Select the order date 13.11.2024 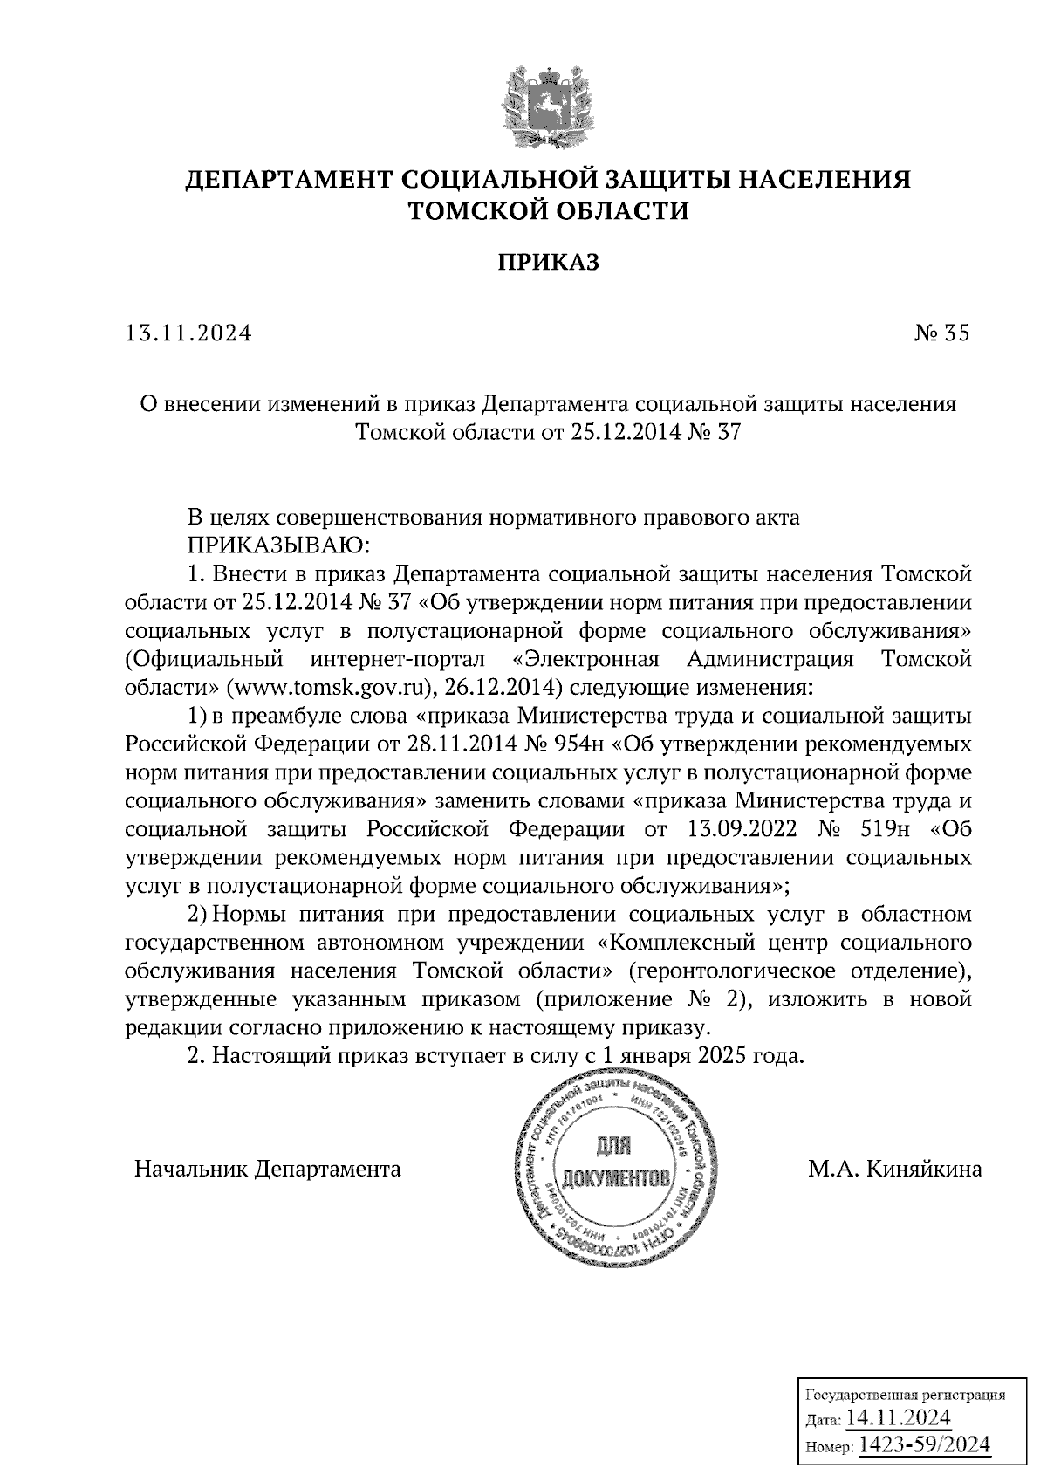[x=188, y=333]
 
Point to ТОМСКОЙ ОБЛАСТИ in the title [x=549, y=211]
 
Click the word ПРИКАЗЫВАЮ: [x=280, y=545]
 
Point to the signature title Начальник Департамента [x=267, y=1170]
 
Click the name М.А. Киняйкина [x=894, y=1170]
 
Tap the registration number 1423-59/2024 [x=925, y=1445]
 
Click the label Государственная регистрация [x=904, y=1395]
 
